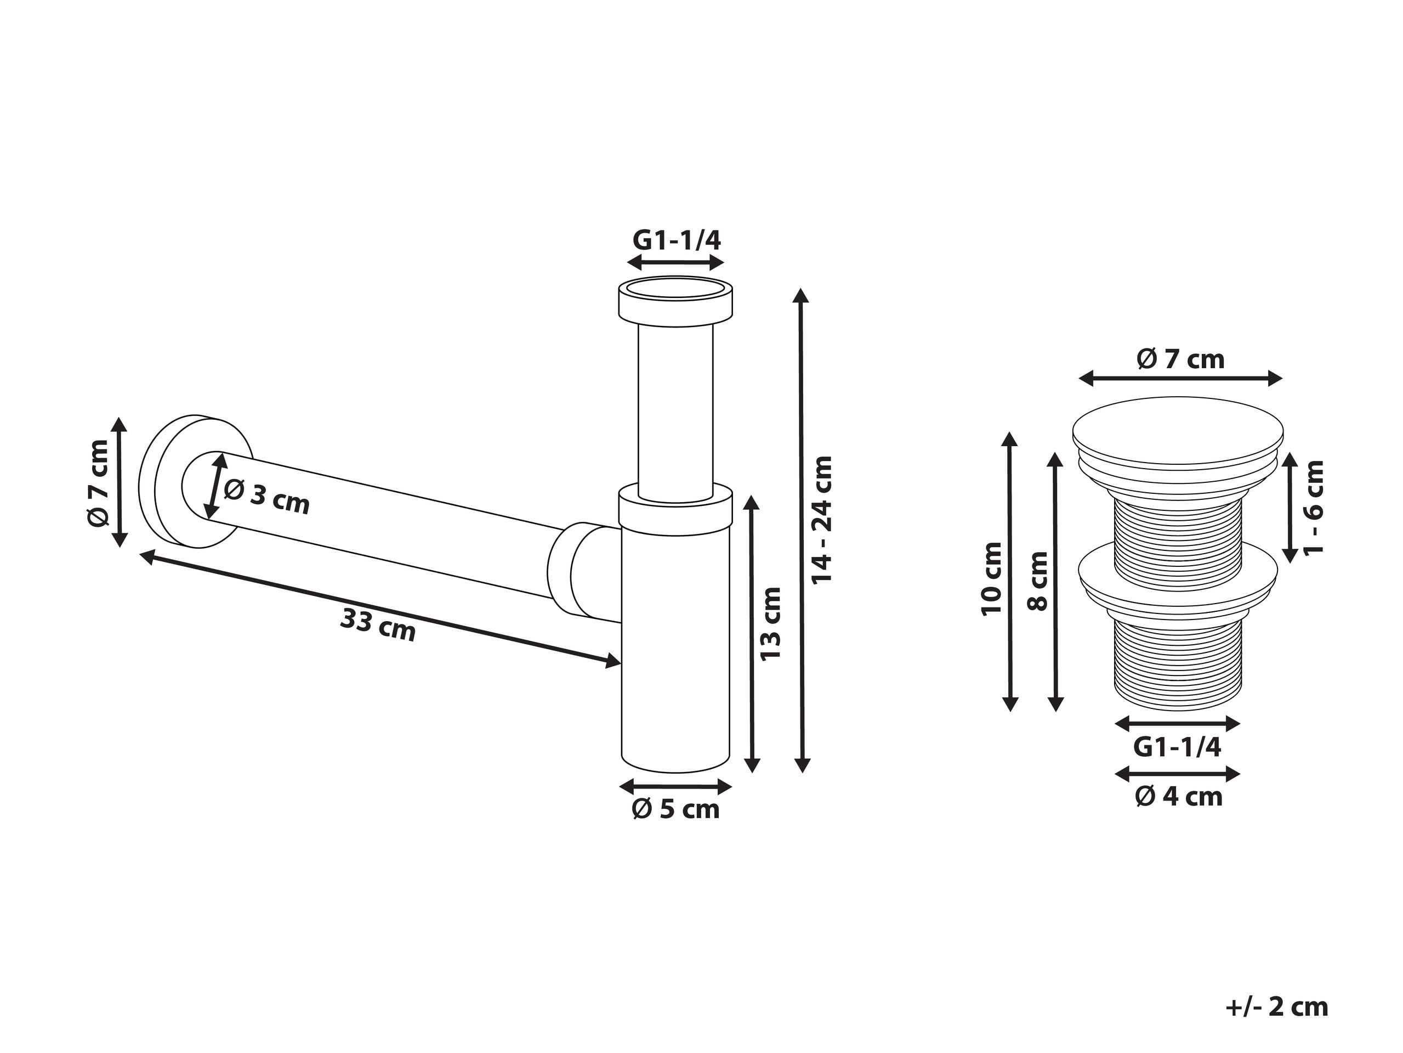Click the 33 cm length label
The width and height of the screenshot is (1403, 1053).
click(x=378, y=624)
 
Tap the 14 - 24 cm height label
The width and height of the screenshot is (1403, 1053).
click(x=822, y=519)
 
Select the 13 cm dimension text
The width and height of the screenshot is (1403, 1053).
click(x=771, y=624)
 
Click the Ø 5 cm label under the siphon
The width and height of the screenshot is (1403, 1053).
click(x=675, y=810)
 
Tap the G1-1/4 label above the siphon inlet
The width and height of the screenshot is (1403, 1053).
click(x=676, y=240)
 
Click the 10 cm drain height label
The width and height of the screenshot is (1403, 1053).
click(x=991, y=578)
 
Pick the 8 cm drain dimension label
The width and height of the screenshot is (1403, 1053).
click(x=1038, y=581)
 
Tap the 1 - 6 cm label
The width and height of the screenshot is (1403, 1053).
click(x=1314, y=506)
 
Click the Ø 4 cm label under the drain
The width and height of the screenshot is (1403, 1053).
click(x=1178, y=797)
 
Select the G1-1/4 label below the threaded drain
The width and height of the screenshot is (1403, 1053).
click(x=1177, y=748)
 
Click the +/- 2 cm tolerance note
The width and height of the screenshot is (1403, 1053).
click(x=1277, y=1007)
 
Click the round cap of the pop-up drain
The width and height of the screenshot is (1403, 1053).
click(x=1178, y=429)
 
